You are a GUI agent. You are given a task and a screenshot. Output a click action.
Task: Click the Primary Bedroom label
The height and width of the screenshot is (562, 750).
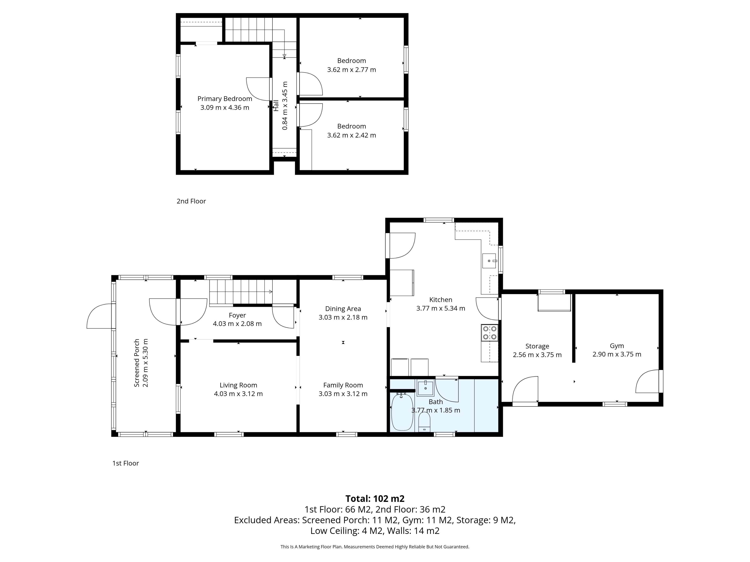click(x=225, y=99)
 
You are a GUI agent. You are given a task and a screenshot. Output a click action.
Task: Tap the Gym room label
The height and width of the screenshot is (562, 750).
click(x=617, y=346)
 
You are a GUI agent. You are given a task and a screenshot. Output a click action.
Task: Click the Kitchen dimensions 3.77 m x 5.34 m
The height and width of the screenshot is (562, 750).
click(x=440, y=308)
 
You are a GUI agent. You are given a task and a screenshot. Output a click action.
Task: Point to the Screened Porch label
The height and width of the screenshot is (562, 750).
click(x=137, y=363)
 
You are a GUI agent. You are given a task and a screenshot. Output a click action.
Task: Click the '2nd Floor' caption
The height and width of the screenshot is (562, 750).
click(x=191, y=201)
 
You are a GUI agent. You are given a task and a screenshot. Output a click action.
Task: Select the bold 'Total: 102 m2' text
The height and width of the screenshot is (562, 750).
click(x=375, y=499)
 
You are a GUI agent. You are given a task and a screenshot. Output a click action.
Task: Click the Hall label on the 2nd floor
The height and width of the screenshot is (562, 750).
click(x=276, y=105)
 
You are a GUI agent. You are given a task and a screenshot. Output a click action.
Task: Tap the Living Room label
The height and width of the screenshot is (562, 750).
click(x=238, y=385)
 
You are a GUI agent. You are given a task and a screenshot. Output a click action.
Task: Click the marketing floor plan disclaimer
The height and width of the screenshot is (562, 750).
click(x=375, y=547)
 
